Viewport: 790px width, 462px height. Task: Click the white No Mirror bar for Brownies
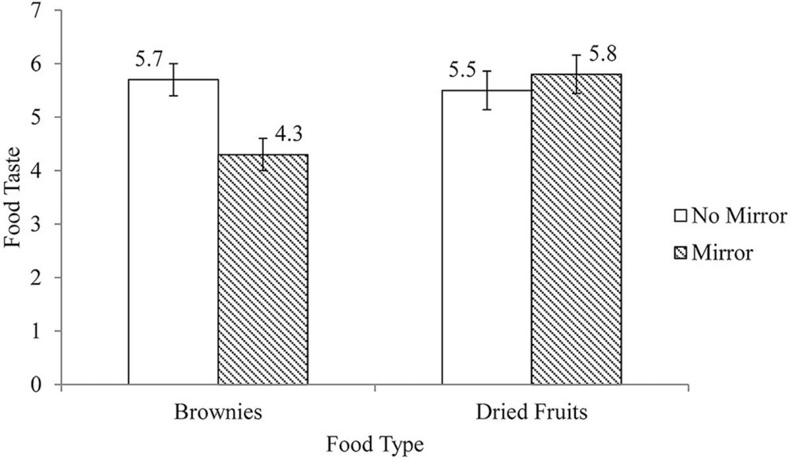(173, 231)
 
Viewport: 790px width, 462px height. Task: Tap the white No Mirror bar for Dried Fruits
(487, 237)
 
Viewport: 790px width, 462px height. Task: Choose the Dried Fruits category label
(531, 414)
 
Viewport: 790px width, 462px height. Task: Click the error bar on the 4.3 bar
(263, 154)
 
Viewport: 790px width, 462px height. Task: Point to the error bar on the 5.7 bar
(173, 79)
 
